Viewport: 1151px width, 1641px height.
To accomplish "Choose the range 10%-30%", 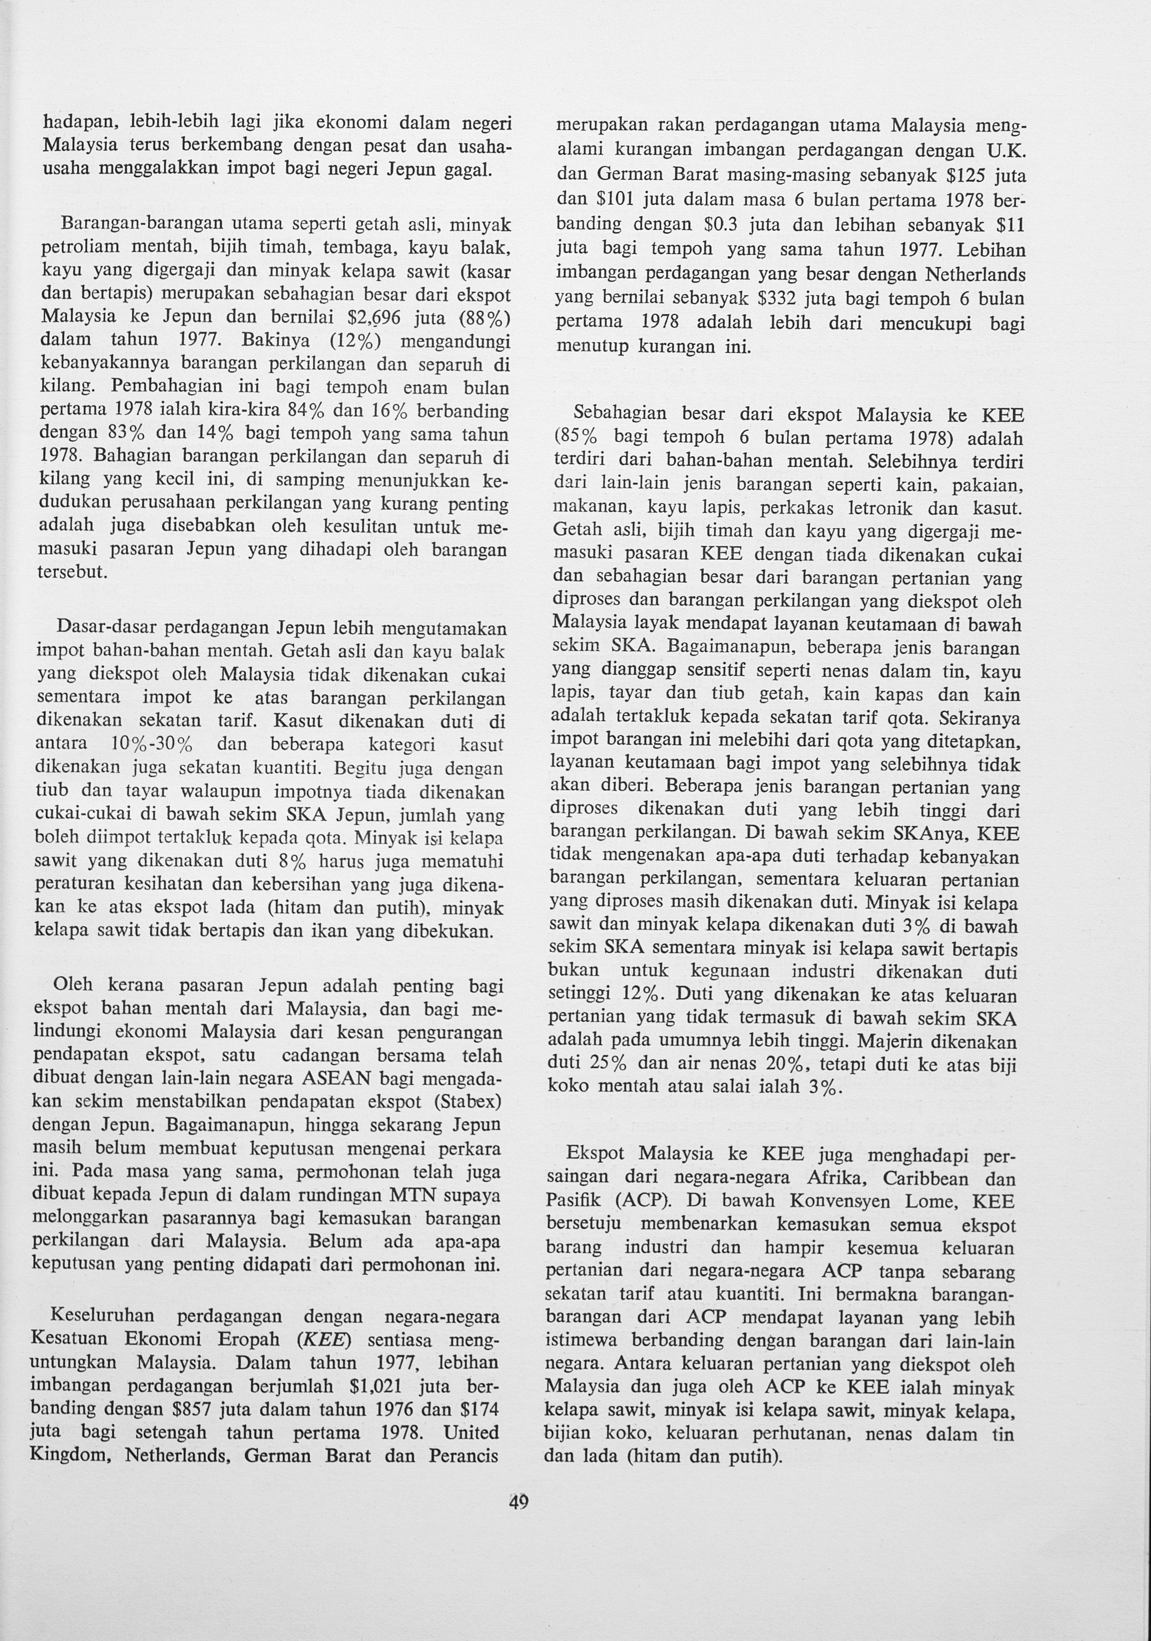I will (x=153, y=744).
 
